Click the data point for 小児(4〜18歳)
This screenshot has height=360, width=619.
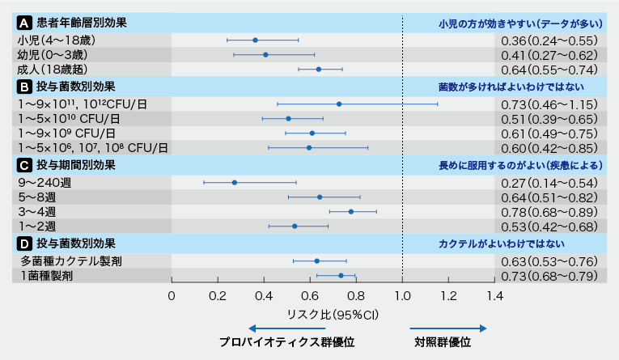(255, 40)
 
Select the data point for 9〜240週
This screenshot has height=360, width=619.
(235, 183)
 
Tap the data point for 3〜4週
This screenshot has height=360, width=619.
(350, 212)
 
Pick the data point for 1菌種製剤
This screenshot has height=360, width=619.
(341, 276)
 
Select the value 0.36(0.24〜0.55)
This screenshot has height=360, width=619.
(549, 40)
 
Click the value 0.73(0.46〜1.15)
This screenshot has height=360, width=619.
(549, 104)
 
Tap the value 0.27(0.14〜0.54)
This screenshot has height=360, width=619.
(549, 183)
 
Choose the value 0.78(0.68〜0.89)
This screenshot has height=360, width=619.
(549, 212)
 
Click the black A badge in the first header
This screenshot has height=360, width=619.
(24, 23)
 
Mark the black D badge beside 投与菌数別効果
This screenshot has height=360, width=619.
(24, 244)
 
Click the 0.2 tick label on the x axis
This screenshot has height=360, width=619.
(218, 296)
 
